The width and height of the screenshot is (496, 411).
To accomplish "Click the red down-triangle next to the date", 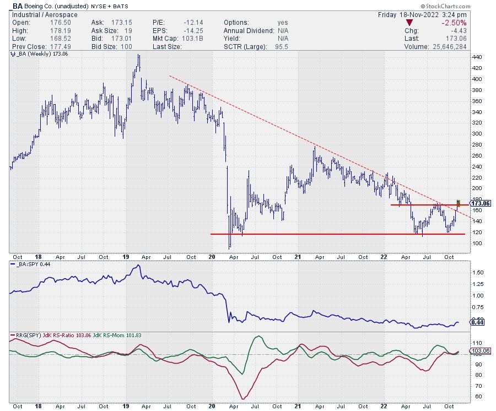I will (x=408, y=23).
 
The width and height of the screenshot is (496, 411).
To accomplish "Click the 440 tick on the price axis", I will (x=477, y=57).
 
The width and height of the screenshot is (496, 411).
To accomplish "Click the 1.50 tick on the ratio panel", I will (x=478, y=273).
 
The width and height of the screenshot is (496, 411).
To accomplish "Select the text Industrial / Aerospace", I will (x=38, y=14).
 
